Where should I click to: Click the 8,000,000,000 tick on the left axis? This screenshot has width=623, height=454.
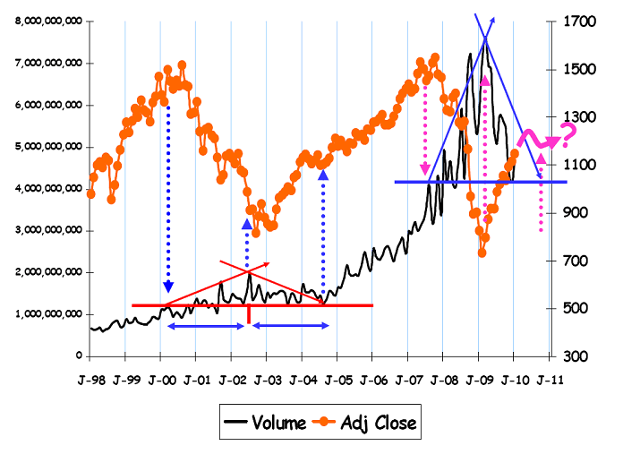coord(47,21)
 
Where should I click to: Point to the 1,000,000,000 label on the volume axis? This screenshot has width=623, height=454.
coord(47,314)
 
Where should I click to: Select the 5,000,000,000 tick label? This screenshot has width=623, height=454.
coord(47,147)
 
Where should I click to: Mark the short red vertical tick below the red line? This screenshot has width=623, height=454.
coord(247,315)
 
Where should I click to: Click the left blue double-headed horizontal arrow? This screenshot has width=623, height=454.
coord(206,327)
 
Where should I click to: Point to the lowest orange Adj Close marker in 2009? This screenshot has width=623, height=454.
coord(482,253)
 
